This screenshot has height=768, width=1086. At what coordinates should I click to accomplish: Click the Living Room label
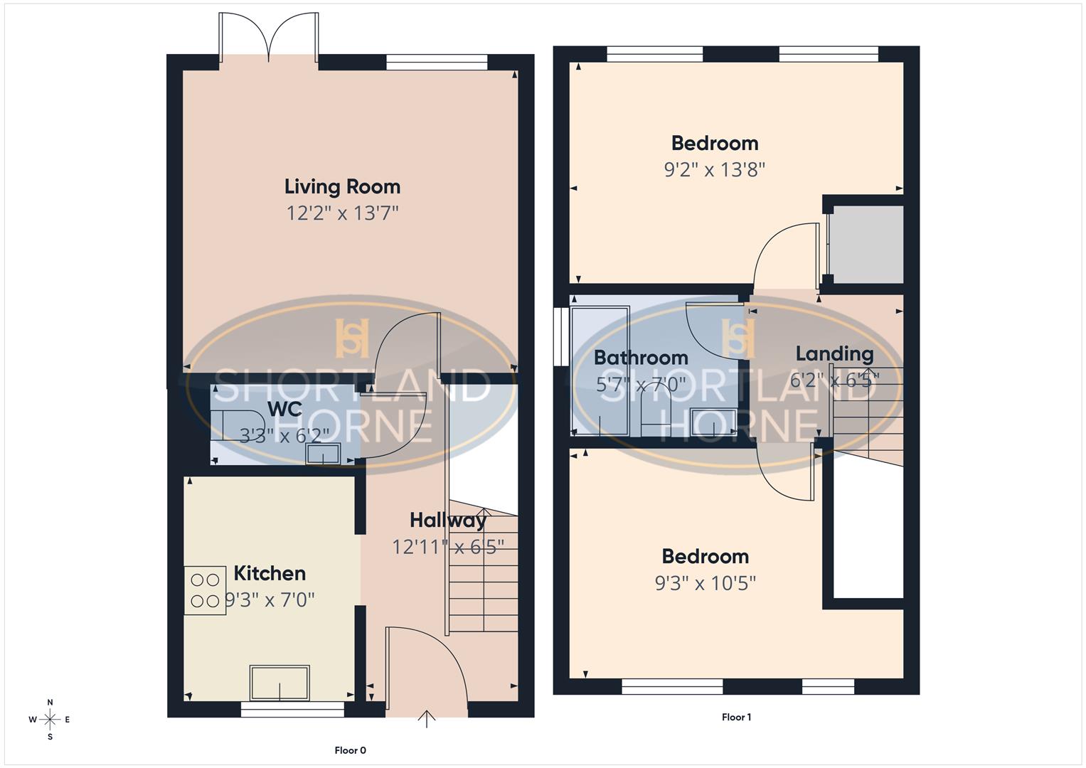pyautogui.click(x=342, y=186)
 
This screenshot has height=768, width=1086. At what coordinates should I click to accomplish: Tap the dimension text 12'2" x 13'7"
pyautogui.click(x=342, y=213)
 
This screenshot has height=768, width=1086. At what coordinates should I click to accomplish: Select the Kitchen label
pyautogui.click(x=270, y=573)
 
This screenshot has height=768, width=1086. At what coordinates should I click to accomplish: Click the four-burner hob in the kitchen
pyautogui.click(x=205, y=590)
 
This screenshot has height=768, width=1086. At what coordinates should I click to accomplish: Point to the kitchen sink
pyautogui.click(x=280, y=683)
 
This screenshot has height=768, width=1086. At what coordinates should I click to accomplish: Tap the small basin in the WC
pyautogui.click(x=323, y=454)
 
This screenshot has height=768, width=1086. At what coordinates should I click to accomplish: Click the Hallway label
pyautogui.click(x=448, y=521)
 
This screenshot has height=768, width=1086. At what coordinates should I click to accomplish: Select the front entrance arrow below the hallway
pyautogui.click(x=427, y=719)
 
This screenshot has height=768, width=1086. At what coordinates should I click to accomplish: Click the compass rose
pyautogui.click(x=50, y=720)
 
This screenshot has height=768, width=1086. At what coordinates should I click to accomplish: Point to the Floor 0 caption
pyautogui.click(x=350, y=750)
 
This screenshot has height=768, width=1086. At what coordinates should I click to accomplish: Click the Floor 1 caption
pyautogui.click(x=736, y=717)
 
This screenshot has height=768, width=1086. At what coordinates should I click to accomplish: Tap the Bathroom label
pyautogui.click(x=641, y=358)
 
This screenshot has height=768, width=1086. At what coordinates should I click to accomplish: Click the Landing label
pyautogui.click(x=834, y=353)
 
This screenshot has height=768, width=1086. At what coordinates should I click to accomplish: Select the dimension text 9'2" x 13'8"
pyautogui.click(x=714, y=170)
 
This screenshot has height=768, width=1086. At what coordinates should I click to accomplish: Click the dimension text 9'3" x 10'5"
pyautogui.click(x=705, y=583)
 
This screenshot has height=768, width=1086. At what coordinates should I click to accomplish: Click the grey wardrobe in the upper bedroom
pyautogui.click(x=867, y=245)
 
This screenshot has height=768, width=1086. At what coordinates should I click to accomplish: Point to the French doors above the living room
pyautogui.click(x=268, y=37)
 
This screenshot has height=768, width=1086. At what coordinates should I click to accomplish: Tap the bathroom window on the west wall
pyautogui.click(x=560, y=336)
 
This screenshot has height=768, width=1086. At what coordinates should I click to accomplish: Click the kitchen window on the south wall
pyautogui.click(x=292, y=709)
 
